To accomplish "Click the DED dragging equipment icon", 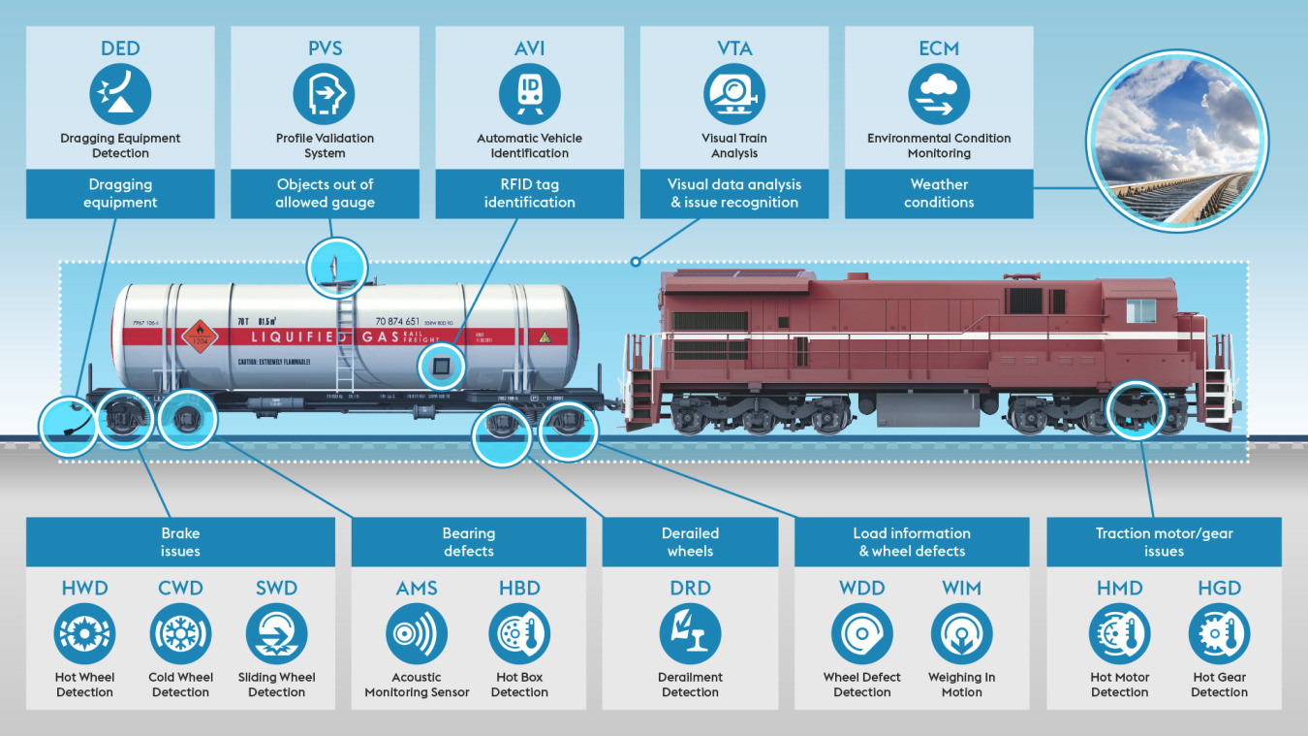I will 120,95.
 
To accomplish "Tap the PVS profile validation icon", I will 325,95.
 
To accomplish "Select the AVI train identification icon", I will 529,95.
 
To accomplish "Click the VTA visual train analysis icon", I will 734,95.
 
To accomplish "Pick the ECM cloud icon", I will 939,95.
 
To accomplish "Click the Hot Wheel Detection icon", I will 84,634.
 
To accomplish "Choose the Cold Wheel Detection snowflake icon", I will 180,634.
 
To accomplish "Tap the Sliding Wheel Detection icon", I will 277,634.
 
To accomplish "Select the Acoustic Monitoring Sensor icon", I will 417,634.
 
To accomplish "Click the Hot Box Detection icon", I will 519,634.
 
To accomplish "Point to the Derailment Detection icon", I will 690,634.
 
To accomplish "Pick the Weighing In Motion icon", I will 961,634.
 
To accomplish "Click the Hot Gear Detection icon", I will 1219,634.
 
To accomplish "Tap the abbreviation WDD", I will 861,589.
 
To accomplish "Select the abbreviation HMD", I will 1119,589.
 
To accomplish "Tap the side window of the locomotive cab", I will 1140,310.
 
